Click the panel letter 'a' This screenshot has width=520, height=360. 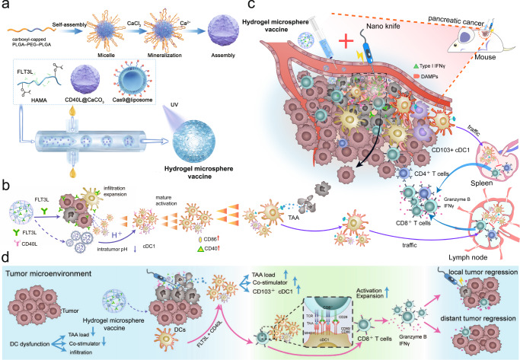pyautogui.click(x=6, y=7)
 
